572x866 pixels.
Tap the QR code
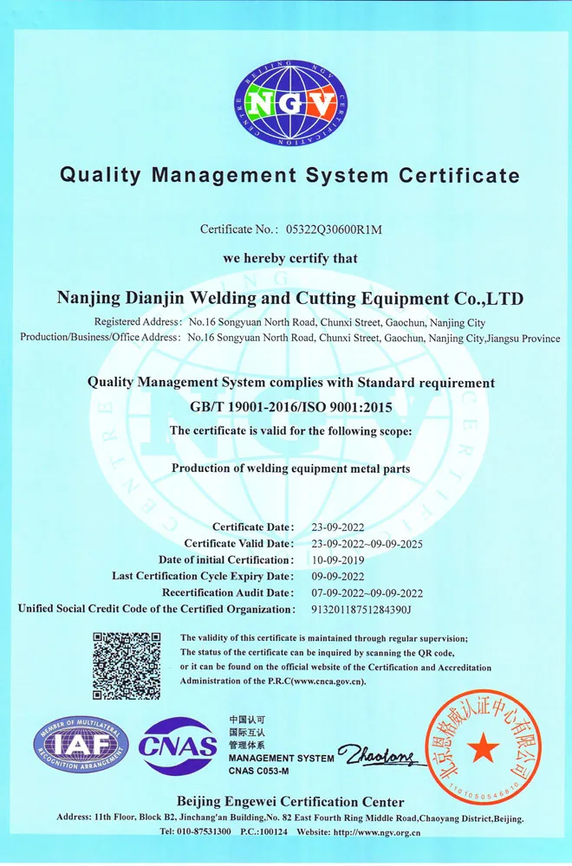(127, 666)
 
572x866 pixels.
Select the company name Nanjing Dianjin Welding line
(289, 299)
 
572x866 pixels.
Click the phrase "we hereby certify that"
(290, 258)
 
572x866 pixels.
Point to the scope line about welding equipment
(290, 469)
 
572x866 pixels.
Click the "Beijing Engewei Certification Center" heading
(290, 802)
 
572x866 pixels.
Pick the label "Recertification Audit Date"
(228, 592)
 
